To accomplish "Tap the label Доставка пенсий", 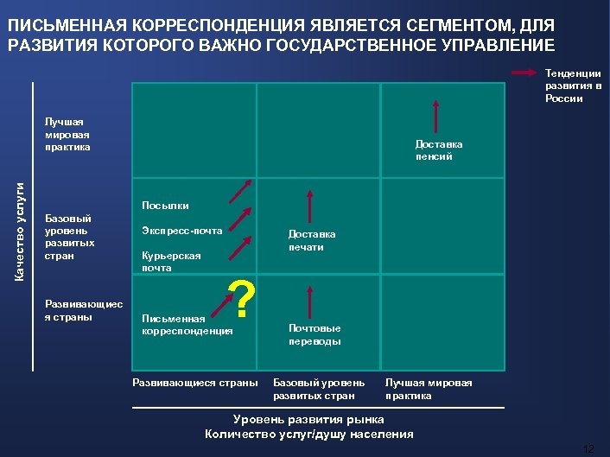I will point(439,150).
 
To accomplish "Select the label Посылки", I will point(164,206).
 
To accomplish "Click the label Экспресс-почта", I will point(181,231).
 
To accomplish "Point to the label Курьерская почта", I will point(171,262).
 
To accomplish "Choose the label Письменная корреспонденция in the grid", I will point(187,324).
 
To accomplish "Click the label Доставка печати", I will point(312,240).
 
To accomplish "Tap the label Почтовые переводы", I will point(315,334).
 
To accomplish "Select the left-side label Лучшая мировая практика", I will point(68,134).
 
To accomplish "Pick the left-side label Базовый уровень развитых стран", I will point(68,237).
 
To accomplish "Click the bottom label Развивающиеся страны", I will point(195,382).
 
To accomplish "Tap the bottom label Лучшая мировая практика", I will point(429,389).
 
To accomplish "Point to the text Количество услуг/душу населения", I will point(309,434).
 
